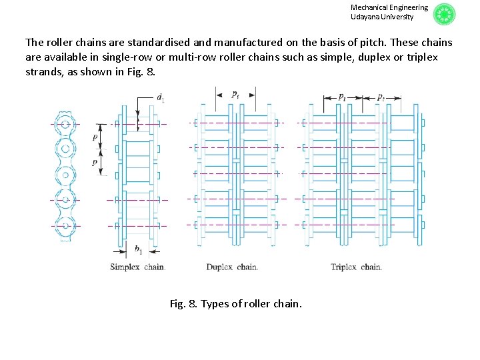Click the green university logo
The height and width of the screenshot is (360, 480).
pos(444,15)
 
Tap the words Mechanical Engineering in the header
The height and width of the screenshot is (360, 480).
pos(389,7)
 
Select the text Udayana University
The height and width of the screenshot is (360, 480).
pos(382,17)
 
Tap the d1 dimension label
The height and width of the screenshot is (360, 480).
pos(160,98)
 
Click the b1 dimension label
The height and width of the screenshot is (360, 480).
pos(138,250)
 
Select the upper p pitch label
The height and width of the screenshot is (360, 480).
pos(95,136)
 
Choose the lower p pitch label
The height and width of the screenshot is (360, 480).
pos(95,162)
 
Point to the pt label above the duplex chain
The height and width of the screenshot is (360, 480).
pos(235,95)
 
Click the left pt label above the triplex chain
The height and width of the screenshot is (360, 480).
pos(341,97)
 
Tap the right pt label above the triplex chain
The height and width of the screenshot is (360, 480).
pos(380,97)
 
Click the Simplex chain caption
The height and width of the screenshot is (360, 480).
pos(137,267)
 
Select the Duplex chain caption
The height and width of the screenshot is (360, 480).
pos(232,267)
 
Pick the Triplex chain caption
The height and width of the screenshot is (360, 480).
pos(356,267)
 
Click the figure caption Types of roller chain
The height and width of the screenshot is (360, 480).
pos(235,304)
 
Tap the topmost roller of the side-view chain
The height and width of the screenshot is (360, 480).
pos(65,124)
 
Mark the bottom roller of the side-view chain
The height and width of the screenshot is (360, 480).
pos(65,225)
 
